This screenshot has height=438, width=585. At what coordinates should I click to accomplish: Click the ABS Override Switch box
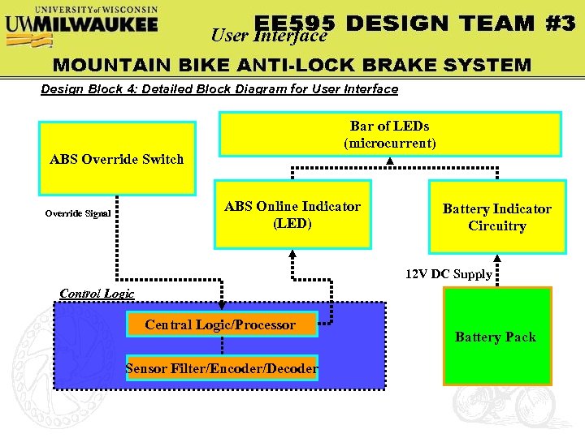click(117, 159)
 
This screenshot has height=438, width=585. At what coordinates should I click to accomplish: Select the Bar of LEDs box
click(390, 134)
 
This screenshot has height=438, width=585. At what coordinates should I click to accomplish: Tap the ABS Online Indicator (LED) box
click(292, 214)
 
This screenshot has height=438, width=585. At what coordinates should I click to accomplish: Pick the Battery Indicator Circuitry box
click(496, 217)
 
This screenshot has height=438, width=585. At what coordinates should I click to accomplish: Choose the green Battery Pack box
click(496, 336)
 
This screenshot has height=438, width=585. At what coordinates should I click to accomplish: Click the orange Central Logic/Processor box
click(220, 324)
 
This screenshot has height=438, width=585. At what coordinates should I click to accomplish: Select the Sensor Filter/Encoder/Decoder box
click(221, 369)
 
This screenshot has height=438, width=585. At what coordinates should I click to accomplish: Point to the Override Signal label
click(76, 214)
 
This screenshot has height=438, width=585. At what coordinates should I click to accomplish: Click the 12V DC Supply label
click(448, 274)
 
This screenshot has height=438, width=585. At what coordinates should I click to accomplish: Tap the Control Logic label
click(97, 293)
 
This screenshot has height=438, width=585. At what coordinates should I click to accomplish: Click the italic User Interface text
click(268, 35)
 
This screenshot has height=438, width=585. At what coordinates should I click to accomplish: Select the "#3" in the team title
click(560, 24)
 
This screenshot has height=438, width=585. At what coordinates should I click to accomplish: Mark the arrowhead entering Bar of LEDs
click(390, 161)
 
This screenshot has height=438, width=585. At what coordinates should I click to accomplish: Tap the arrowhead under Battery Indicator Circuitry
click(497, 259)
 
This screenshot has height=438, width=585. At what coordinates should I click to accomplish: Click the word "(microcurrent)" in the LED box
click(390, 144)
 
